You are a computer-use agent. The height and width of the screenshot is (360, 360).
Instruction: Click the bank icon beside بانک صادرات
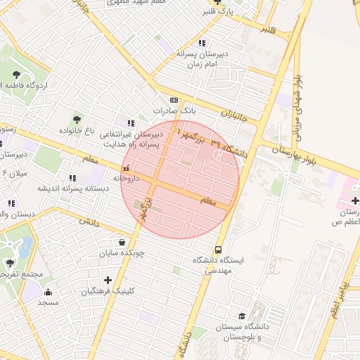[174, 101]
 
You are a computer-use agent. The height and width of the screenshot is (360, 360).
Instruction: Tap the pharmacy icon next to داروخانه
[126, 168]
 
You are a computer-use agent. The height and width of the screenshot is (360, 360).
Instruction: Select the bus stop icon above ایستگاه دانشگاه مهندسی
[218, 250]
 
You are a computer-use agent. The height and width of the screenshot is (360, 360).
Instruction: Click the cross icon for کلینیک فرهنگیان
[108, 280]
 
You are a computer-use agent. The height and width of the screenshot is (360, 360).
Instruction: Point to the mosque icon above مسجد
[48, 292]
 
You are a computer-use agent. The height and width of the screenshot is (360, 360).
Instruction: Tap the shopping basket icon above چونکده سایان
[122, 242]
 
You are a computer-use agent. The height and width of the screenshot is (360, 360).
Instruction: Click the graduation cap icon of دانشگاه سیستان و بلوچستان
[243, 316]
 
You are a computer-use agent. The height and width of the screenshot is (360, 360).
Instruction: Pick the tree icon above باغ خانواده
[77, 119]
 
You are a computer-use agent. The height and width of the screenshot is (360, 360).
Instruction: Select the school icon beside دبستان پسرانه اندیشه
[72, 178]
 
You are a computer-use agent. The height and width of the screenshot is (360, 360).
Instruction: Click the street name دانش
[86, 221]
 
